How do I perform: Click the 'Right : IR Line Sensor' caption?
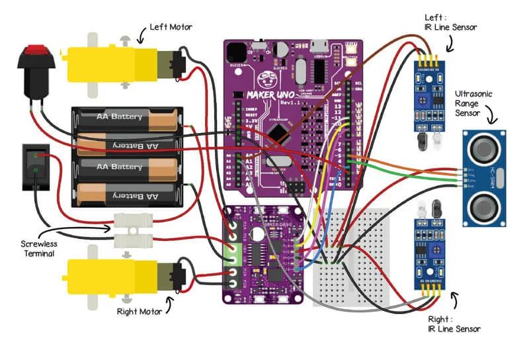tap(454, 324)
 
